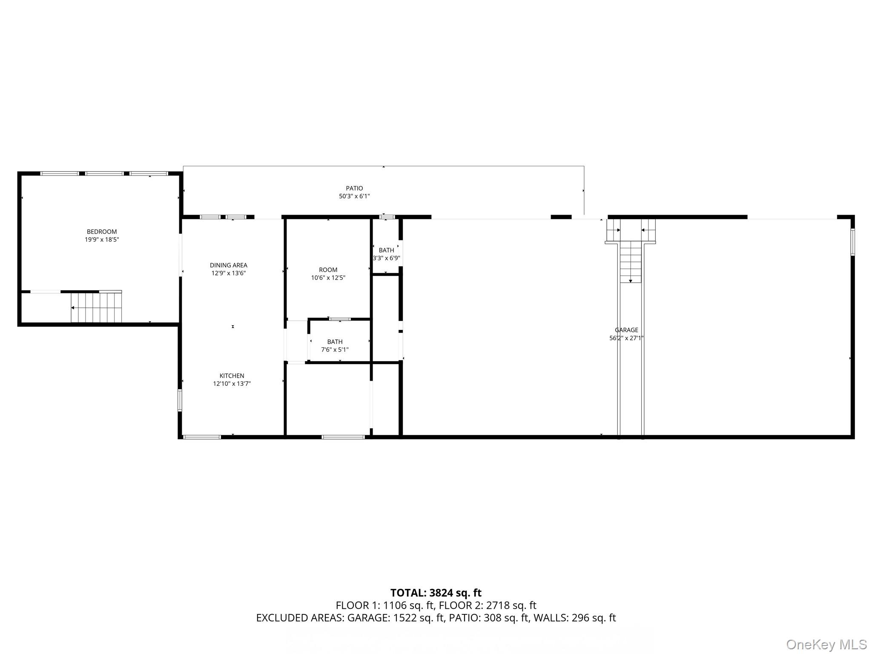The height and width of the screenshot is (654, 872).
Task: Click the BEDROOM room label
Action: point(102,232)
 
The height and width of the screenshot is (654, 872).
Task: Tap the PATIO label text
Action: point(354,188)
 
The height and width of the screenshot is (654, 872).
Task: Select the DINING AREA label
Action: point(228,265)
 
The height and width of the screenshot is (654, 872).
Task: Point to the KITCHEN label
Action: point(232,376)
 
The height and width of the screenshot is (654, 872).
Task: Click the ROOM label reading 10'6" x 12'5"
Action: point(328,270)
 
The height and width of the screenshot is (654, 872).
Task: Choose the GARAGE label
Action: point(626,330)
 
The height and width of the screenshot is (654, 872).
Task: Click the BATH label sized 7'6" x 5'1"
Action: point(335,341)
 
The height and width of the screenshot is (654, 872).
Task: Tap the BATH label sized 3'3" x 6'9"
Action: point(386,250)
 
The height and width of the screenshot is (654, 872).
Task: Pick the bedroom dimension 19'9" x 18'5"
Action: point(102,240)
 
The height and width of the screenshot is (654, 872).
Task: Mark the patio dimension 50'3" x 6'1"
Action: point(354,196)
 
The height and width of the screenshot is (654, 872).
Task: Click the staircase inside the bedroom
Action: point(96,307)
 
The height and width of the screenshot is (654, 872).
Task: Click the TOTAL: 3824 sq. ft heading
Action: point(436,593)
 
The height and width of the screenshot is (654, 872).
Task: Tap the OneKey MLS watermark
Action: point(826,645)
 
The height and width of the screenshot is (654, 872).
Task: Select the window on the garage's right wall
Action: point(852,242)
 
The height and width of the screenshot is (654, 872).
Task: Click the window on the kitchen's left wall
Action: point(180,400)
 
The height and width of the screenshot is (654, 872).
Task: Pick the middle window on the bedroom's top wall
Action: point(104,174)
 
